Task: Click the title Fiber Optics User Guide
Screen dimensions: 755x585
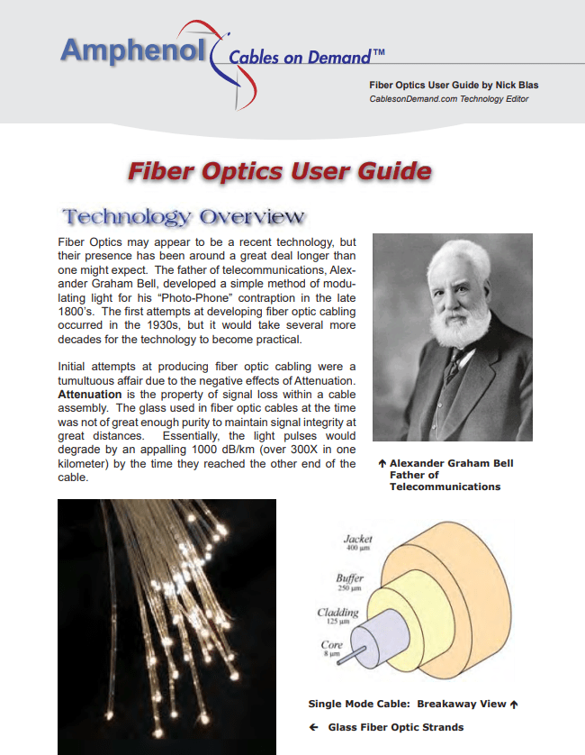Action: (x=279, y=171)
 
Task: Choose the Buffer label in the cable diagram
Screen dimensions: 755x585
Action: (x=349, y=578)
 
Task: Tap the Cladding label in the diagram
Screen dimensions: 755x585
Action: (x=338, y=613)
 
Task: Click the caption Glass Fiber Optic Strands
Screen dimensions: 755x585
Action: (x=403, y=727)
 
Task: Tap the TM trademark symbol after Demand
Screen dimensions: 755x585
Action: (x=379, y=53)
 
